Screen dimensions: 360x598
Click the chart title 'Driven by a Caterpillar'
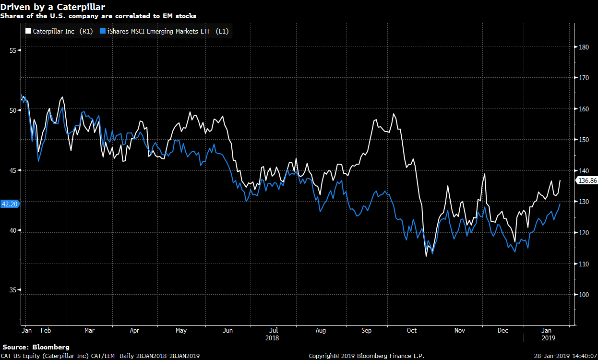click(x=53, y=7)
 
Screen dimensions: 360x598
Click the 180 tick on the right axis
click(x=584, y=47)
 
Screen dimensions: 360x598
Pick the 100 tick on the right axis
click(x=584, y=295)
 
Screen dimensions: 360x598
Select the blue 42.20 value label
click(x=10, y=204)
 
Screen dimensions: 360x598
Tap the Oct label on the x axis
click(x=411, y=330)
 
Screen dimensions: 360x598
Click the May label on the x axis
click(x=181, y=330)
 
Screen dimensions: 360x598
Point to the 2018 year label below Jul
click(x=272, y=338)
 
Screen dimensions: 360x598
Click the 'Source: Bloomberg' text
click(x=36, y=347)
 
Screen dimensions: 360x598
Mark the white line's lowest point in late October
click(x=426, y=256)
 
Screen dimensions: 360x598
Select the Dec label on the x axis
click(x=503, y=330)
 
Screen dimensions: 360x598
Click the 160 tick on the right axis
click(x=584, y=109)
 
